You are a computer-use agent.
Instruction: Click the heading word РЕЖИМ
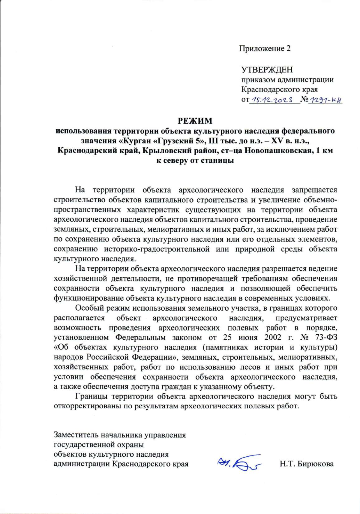click(195, 121)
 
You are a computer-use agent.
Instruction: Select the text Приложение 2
click(265, 49)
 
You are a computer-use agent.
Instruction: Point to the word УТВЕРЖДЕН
click(267, 70)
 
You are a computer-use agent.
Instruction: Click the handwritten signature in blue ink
click(238, 464)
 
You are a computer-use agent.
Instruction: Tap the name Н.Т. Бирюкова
click(307, 464)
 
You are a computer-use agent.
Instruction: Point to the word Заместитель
click(76, 435)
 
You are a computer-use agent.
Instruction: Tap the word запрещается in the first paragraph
click(314, 190)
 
